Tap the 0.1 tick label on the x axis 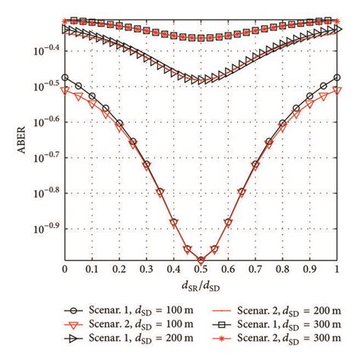pyautogui.click(x=91, y=270)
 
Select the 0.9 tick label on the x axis pyautogui.click(x=310, y=270)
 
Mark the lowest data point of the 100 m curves pyautogui.click(x=201, y=259)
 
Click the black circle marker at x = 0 pyautogui.click(x=65, y=78)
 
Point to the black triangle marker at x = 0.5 pyautogui.click(x=201, y=79)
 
